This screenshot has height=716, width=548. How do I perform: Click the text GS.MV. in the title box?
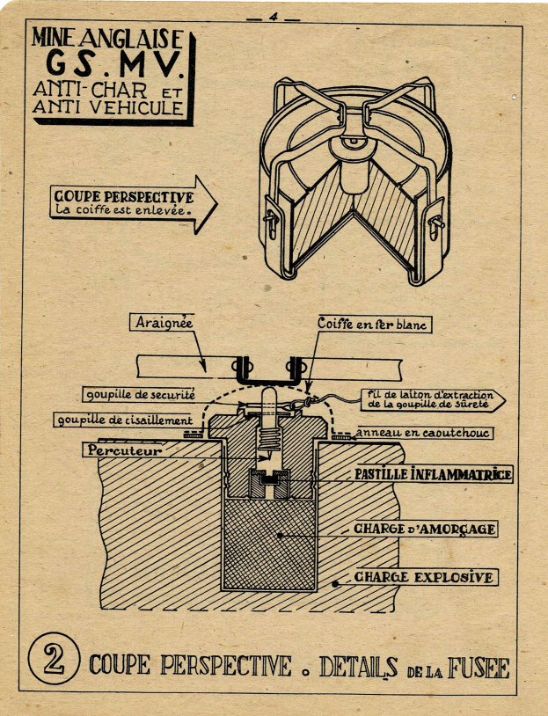tap(110, 65)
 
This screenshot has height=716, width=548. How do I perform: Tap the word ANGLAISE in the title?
tap(139, 39)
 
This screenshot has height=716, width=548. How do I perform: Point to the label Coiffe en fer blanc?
tap(371, 325)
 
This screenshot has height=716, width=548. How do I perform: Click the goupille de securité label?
tap(139, 393)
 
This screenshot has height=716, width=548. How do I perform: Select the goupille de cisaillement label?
tap(122, 420)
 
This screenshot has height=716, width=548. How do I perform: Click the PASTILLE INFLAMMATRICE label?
tap(434, 475)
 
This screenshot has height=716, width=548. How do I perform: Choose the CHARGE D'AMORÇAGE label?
tap(425, 529)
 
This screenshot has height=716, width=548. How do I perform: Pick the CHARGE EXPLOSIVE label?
tap(424, 578)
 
